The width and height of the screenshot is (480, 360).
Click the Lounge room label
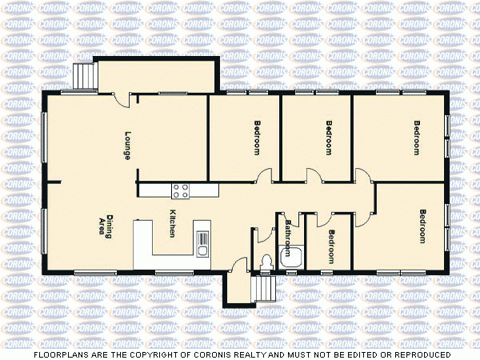[127, 145]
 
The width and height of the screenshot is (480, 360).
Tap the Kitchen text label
[172, 223]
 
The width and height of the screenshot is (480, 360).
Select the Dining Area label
[106, 226]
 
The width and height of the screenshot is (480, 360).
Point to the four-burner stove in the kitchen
[181, 190]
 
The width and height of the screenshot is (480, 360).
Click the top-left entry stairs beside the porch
[83, 77]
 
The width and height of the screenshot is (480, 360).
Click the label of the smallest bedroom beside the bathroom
[330, 245]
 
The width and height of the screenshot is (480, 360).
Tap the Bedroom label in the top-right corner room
[416, 137]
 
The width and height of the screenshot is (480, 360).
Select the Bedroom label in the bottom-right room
[423, 226]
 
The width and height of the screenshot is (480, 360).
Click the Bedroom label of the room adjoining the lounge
[257, 137]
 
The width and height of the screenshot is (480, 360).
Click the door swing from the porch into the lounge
[121, 98]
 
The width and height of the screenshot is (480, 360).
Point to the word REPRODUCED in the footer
[420, 354]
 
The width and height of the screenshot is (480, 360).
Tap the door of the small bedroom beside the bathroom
[311, 218]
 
